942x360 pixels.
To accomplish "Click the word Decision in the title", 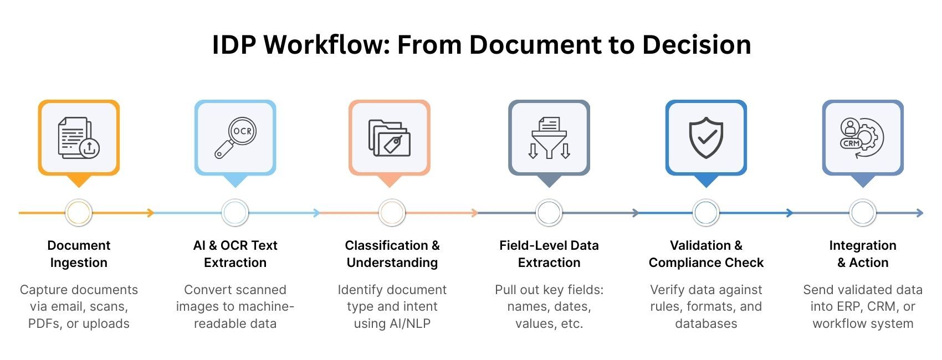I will (697, 44).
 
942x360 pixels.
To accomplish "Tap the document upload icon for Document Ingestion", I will (79, 137).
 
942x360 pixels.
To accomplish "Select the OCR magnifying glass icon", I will (235, 137).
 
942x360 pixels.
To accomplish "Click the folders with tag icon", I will (390, 137).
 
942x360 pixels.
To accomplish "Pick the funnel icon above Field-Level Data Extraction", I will (549, 137).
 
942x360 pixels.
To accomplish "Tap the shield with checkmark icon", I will (706, 137).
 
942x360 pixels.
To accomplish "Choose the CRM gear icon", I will (863, 137).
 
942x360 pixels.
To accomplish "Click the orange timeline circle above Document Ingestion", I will (79, 213).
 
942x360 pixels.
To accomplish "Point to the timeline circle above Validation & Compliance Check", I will (706, 213).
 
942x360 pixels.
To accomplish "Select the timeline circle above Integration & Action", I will (863, 213).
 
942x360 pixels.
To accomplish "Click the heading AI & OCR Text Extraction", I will (235, 254).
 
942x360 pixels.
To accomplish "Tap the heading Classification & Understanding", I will (392, 254).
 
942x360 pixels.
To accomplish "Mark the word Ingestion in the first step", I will (79, 263).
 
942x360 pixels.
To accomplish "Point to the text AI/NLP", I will (410, 323).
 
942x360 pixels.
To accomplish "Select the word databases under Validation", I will (706, 323).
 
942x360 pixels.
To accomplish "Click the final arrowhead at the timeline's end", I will (920, 213).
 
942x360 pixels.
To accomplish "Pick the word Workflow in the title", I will (327, 44).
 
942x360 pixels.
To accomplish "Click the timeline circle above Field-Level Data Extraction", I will (549, 213).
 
